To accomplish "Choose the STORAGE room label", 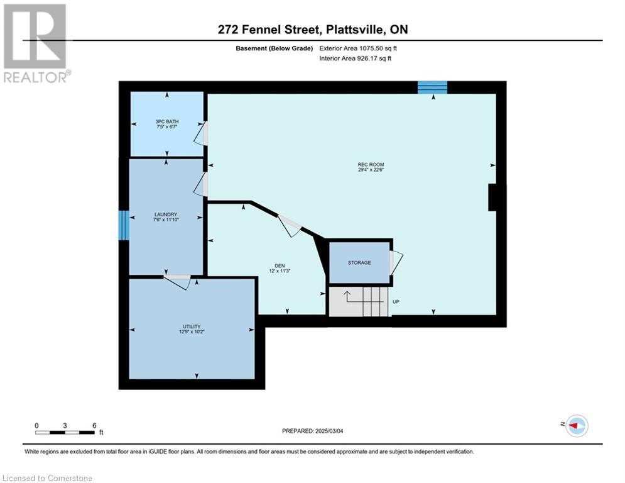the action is [x=359, y=263].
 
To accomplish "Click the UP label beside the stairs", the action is [x=396, y=302].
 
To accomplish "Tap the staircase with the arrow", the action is [x=359, y=301].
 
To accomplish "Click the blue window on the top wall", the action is [x=433, y=87].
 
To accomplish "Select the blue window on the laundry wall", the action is [x=124, y=226].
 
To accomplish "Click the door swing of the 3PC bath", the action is [x=201, y=133].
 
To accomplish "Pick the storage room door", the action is [x=396, y=263].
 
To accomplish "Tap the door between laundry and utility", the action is [x=178, y=281].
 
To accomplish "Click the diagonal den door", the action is [x=290, y=226].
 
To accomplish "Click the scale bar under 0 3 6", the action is [x=65, y=432].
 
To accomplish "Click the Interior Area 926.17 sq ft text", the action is [x=355, y=58].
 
